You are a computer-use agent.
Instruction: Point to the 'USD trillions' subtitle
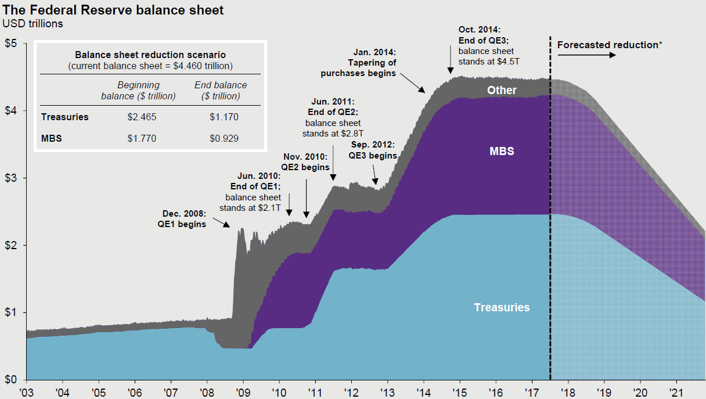tap(33, 24)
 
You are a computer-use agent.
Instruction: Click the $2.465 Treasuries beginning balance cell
tap(142, 117)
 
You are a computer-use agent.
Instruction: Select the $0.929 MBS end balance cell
tap(224, 138)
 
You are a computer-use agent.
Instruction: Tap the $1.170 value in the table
tap(224, 117)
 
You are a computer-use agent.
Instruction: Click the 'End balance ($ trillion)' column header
tap(221, 91)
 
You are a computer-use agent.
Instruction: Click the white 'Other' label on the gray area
tap(502, 90)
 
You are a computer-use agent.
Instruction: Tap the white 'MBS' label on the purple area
tap(502, 152)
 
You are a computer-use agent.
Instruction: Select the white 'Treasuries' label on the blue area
tap(502, 307)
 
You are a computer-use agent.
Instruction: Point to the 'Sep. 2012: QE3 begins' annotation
tap(372, 150)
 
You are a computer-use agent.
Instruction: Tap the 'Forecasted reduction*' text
tap(610, 45)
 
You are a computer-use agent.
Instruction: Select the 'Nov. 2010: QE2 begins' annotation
tap(306, 161)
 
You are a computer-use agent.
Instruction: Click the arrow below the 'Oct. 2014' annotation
tap(450, 59)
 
